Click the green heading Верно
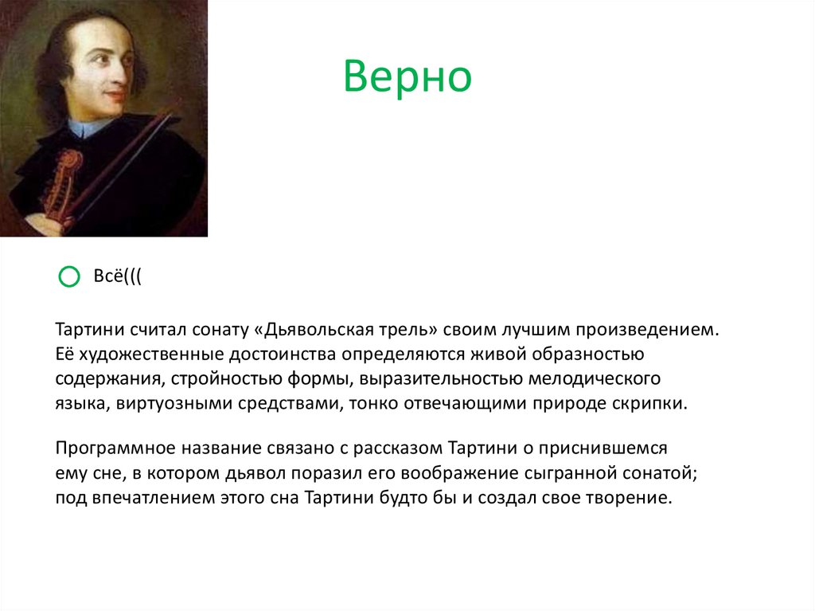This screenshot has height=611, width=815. click(407, 78)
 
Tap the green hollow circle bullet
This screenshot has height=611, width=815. click(69, 276)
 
